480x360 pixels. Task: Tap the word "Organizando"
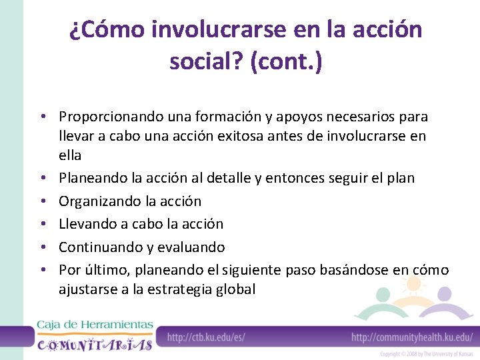tap(100, 201)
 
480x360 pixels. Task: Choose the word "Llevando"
tap(85, 223)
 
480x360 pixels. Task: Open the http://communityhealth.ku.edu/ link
tap(411, 337)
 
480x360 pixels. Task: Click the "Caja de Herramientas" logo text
tap(95, 325)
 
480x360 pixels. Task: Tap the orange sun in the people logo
tap(413, 285)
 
